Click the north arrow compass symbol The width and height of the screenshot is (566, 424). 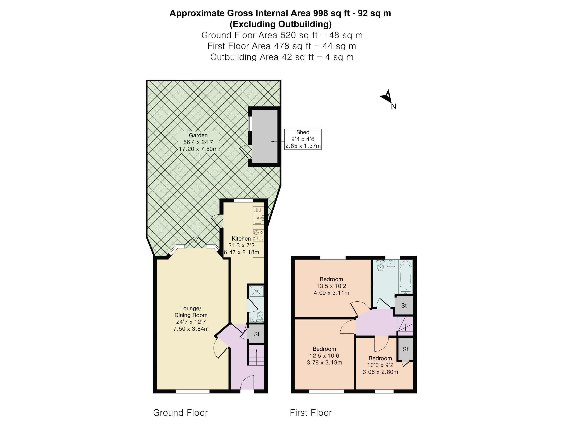pos(387,97)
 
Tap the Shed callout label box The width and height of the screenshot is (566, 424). pos(303,139)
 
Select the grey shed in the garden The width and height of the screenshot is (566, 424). pos(265,137)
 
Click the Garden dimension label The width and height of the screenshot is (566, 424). pos(198,142)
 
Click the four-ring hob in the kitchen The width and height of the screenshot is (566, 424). pos(259,235)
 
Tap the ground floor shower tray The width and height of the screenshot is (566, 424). pos(256,291)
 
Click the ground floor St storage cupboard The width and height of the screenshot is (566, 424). pos(256,334)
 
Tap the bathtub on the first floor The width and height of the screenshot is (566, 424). pos(406,277)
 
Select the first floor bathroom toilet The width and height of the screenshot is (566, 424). pos(380,267)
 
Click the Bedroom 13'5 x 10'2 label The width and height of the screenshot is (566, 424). pos(331,286)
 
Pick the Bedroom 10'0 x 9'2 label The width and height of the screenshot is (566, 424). pos(380,365)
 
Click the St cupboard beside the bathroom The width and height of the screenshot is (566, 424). pos(404,306)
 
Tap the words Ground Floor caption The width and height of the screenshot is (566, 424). pos(180,413)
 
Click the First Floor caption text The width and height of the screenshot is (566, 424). pos(311,413)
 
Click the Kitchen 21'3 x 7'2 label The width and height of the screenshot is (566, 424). pos(241,245)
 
